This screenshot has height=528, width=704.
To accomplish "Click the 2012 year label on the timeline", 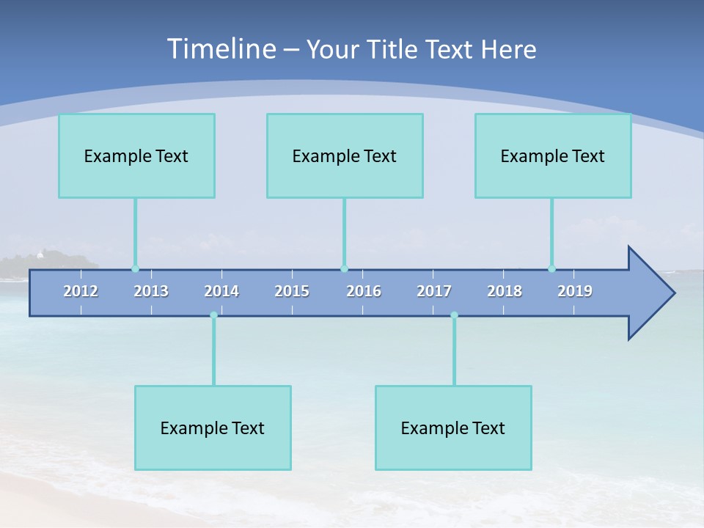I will (81, 291).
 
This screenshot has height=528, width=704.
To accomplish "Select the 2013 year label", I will (151, 291).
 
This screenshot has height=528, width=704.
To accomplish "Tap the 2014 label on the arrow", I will (221, 291).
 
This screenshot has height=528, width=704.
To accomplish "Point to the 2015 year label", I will (292, 291).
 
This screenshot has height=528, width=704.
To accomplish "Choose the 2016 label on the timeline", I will (364, 291).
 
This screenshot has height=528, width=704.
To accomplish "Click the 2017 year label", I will (434, 291).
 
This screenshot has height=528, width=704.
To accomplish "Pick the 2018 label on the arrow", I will (505, 291).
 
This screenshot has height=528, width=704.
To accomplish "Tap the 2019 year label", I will (575, 291).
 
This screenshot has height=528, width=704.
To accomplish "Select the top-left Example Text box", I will (136, 155).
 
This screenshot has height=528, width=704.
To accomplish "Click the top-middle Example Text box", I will (345, 155).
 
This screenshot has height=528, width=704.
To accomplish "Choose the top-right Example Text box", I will (553, 155).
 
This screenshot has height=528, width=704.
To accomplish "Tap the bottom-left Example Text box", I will (213, 428).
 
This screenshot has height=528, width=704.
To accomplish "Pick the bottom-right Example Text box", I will (453, 428).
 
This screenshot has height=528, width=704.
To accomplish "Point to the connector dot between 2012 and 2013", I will (135, 268).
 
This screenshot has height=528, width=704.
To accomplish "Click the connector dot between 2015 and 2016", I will (344, 268).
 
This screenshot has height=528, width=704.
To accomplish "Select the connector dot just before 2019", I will (551, 268).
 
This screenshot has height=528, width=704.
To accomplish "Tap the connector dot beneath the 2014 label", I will (213, 315).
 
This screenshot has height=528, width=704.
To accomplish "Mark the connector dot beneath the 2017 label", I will (454, 315).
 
